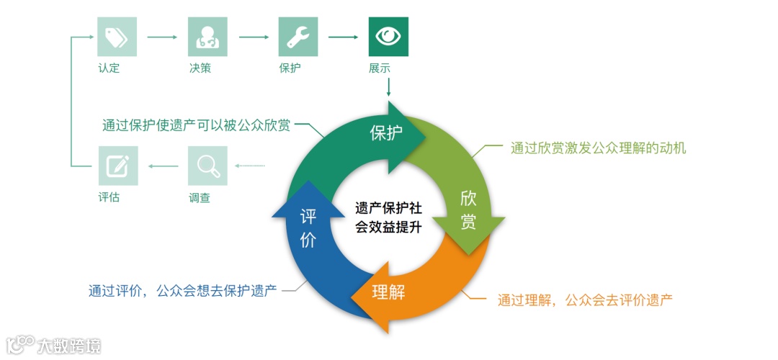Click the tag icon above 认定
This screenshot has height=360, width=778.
point(117,37)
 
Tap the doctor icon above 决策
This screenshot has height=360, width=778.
point(207,37)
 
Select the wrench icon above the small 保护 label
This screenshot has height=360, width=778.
point(298,37)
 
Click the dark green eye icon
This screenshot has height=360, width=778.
point(389,37)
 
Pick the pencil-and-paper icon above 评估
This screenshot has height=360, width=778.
point(117,166)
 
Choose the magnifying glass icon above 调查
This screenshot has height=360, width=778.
point(207,166)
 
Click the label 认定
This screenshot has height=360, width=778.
point(109,69)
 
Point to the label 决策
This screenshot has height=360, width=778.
point(200,69)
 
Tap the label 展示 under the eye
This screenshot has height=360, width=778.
point(380,69)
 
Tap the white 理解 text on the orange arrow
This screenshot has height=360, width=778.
point(388,292)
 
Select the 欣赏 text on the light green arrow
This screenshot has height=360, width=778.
point(468,210)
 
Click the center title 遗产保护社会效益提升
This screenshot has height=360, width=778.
point(389,217)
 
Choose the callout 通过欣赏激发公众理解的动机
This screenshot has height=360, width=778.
point(598,149)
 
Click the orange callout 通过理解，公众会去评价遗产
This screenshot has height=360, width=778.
point(585,300)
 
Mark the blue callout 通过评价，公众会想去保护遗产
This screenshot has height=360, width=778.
point(183,291)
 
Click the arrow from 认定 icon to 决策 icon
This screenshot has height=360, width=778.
point(162,36)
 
